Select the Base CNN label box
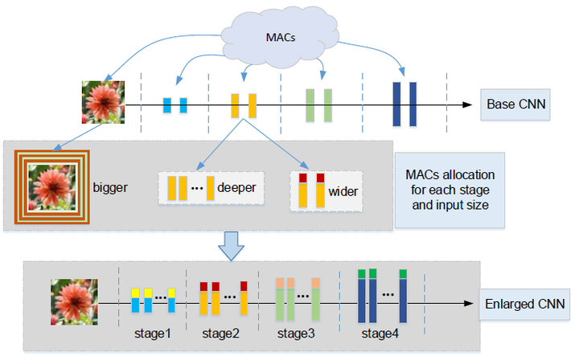(515, 104)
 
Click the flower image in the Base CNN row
(103, 102)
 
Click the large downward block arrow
(233, 244)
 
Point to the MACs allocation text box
(450, 186)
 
